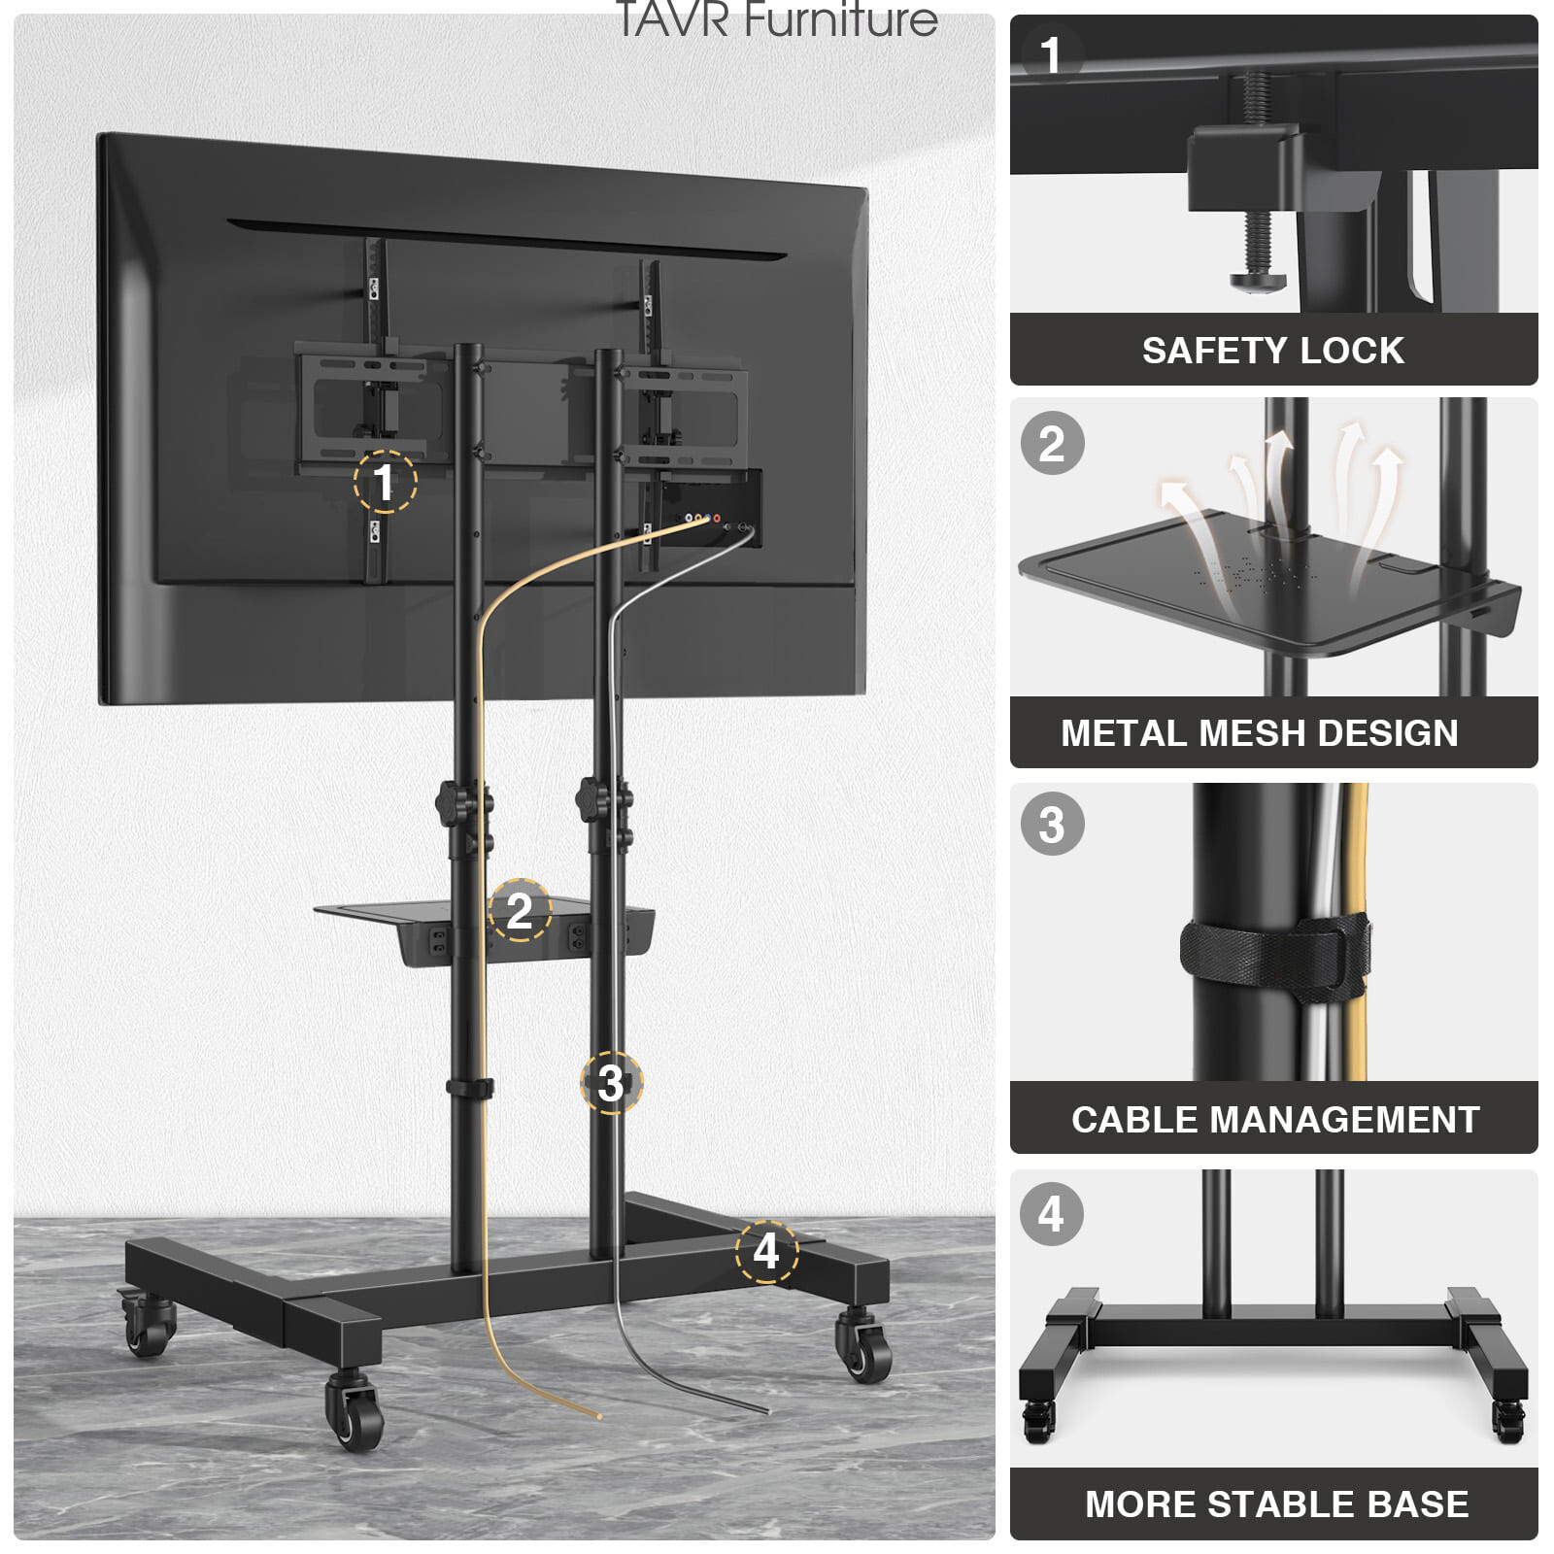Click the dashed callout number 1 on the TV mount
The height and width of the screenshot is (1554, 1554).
pyautogui.click(x=385, y=482)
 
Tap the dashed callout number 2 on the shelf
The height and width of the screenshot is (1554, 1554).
pyautogui.click(x=520, y=910)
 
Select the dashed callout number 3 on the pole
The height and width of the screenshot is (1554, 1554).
pyautogui.click(x=611, y=1083)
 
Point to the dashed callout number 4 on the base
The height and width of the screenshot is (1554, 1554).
pyautogui.click(x=766, y=1251)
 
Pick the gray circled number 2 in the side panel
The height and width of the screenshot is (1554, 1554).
pyautogui.click(x=1052, y=444)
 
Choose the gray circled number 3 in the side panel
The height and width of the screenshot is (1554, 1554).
pyautogui.click(x=1052, y=826)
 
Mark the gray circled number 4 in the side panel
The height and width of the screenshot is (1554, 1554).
pyautogui.click(x=1052, y=1214)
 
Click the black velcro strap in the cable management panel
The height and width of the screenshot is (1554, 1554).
pyautogui.click(x=1274, y=957)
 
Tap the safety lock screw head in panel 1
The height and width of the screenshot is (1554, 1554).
pyautogui.click(x=1259, y=281)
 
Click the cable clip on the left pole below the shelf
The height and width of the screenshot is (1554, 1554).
pyautogui.click(x=469, y=1088)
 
